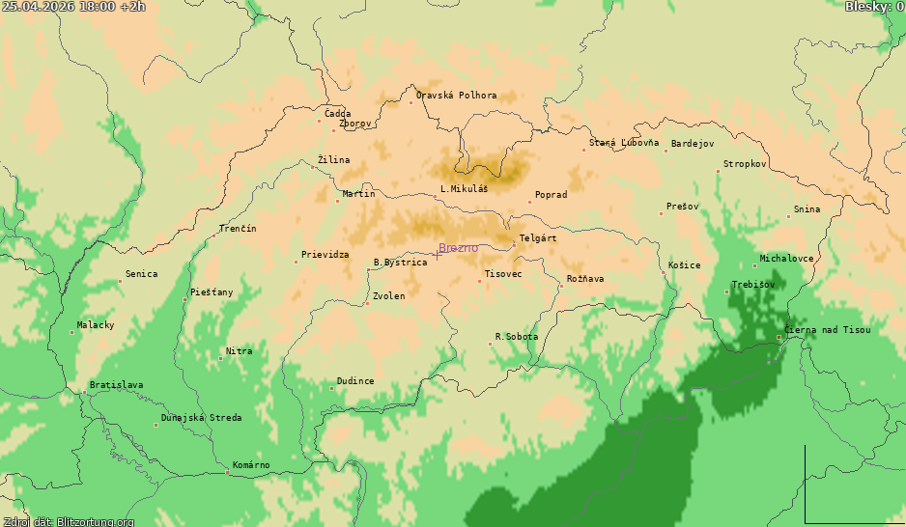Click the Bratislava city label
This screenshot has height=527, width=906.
click(x=116, y=385)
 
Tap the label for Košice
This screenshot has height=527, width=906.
click(x=685, y=265)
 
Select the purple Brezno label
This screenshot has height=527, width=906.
click(x=458, y=248)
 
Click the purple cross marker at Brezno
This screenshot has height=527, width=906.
click(x=437, y=255)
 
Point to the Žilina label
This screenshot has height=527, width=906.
click(x=334, y=160)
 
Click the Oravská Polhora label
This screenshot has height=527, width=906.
click(x=457, y=96)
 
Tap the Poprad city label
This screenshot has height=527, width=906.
click(x=551, y=195)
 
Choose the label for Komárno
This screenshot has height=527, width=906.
click(x=251, y=465)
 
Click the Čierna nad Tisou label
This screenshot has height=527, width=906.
click(x=827, y=330)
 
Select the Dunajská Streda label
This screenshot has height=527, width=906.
click(x=201, y=418)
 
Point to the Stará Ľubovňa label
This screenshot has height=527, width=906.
click(x=624, y=143)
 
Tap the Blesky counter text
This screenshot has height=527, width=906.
click(x=874, y=7)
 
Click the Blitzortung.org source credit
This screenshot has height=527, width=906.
click(x=68, y=521)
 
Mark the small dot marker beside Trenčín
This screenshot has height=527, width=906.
click(x=214, y=236)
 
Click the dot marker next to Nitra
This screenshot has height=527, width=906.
click(x=220, y=358)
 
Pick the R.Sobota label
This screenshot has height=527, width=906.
click(x=517, y=337)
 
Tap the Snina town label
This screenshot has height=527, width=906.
click(x=807, y=209)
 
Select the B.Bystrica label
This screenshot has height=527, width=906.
click(x=400, y=263)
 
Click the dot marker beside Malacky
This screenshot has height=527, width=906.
click(x=71, y=332)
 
